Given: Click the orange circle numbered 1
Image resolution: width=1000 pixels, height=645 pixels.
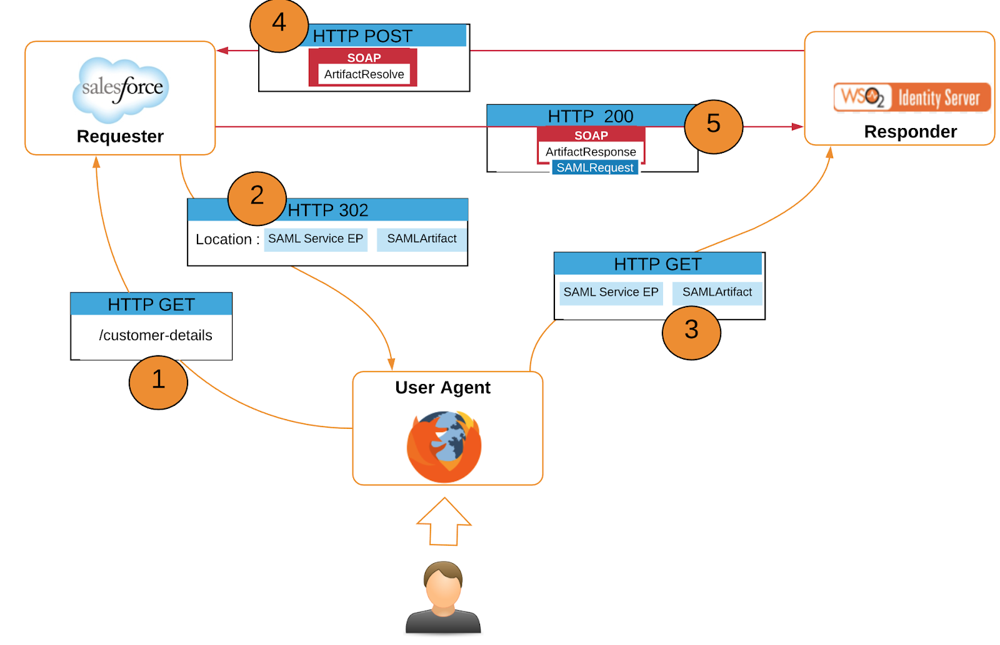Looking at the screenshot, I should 158,382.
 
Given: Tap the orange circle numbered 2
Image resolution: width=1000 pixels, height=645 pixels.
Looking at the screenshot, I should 257,198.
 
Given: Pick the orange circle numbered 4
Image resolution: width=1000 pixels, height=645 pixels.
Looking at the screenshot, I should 279,25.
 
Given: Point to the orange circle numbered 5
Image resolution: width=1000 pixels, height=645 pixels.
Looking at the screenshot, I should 713,126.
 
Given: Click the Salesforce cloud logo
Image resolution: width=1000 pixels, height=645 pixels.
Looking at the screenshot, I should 121,89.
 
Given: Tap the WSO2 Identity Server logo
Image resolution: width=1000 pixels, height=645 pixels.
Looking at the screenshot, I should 912,97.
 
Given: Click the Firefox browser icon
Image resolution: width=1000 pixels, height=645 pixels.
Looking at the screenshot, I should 444,446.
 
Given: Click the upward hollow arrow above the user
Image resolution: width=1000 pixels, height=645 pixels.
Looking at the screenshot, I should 444,521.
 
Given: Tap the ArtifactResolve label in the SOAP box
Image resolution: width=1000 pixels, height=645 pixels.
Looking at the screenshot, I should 364,74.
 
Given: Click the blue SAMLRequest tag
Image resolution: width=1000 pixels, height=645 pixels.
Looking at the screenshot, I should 595,167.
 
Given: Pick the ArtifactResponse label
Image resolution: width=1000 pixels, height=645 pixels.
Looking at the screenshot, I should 591,152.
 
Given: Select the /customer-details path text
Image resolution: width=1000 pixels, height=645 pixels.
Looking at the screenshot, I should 156,335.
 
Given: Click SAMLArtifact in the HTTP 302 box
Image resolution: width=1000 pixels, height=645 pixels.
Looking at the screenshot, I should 422,239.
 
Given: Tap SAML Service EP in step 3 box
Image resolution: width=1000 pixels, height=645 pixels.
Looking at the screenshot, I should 611,292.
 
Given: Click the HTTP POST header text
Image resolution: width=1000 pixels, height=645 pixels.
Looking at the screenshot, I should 362,36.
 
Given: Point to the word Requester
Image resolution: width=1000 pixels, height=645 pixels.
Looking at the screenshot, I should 120,136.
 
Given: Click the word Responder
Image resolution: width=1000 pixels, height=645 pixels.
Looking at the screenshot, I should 910,132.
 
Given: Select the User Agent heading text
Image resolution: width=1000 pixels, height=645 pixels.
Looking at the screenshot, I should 442,388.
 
